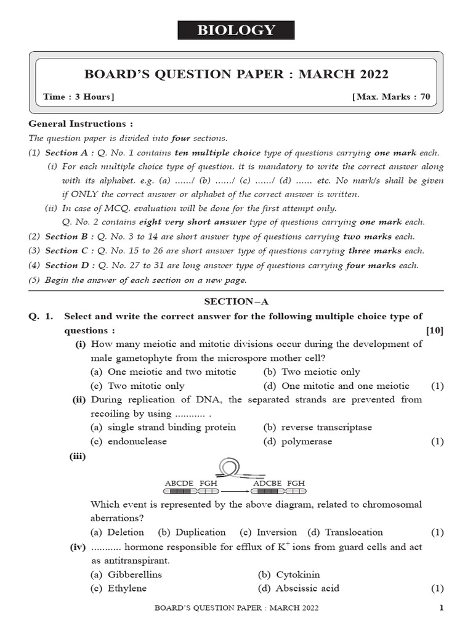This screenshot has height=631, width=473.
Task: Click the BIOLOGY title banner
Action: pos(236,30)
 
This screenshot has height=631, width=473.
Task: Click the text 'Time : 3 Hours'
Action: pos(78,97)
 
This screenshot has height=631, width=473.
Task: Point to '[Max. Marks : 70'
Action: pos(391,97)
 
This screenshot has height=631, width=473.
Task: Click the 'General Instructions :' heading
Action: pos(81,124)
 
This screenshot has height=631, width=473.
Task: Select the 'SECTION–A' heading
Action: pos(236,302)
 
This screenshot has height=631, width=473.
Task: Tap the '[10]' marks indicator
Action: pos(434,330)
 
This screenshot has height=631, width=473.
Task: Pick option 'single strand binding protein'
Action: pos(171,427)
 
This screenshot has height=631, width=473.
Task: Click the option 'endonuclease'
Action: pos(137,441)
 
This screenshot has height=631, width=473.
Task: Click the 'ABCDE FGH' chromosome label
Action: pos(191,483)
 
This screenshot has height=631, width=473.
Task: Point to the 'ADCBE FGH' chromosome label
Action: pos(278,483)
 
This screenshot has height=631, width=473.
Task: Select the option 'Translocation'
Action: pos(354,532)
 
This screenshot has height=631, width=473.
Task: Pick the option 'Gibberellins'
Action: pos(134,574)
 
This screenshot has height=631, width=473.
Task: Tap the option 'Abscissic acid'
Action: pos(307,588)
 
